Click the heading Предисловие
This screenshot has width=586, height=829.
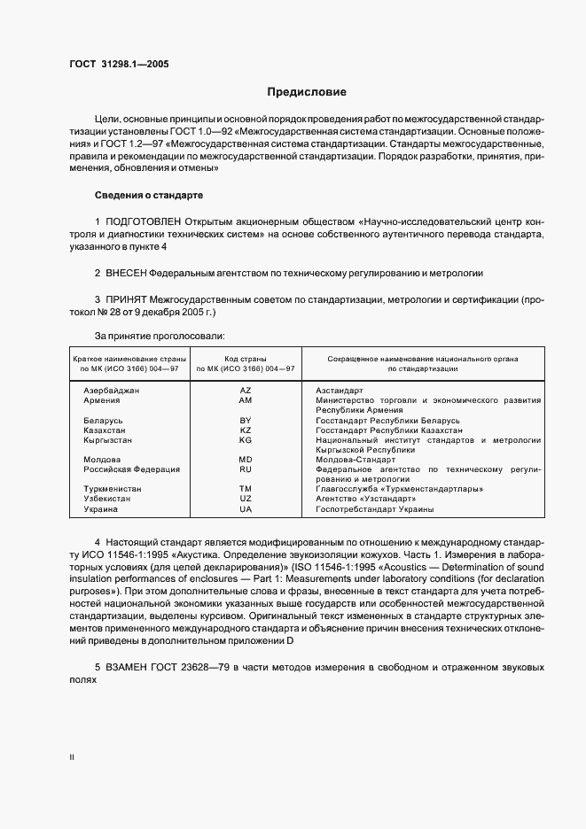[x=308, y=92]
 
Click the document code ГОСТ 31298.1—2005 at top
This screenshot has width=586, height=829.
[x=120, y=65]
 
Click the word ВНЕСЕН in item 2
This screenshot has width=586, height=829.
[x=126, y=273]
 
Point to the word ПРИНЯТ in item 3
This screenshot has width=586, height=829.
[x=128, y=300]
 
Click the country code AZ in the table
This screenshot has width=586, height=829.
[x=246, y=390]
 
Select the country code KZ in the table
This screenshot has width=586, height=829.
[x=246, y=429]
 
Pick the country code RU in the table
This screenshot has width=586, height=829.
[x=246, y=469]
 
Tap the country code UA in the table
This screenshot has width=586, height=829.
[x=246, y=509]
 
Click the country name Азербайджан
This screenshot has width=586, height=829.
[x=112, y=390]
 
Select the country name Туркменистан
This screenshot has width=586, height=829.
[x=113, y=489]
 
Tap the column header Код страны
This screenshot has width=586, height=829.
[x=246, y=357]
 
